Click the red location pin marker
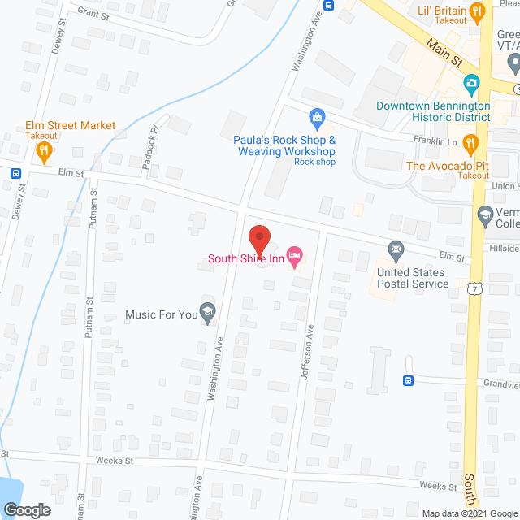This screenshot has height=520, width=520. (259, 238)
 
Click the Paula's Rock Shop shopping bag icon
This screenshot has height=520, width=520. (318, 119)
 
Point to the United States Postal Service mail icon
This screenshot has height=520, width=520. (396, 249)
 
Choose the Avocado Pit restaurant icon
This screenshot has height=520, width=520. (470, 145)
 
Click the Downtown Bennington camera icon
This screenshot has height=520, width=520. (470, 84)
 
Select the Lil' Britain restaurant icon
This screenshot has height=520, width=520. (477, 10)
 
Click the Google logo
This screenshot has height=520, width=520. (26, 509)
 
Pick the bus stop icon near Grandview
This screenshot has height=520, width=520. (409, 380)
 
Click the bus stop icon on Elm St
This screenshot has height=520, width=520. (16, 173)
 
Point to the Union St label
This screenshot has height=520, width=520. (505, 186)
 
